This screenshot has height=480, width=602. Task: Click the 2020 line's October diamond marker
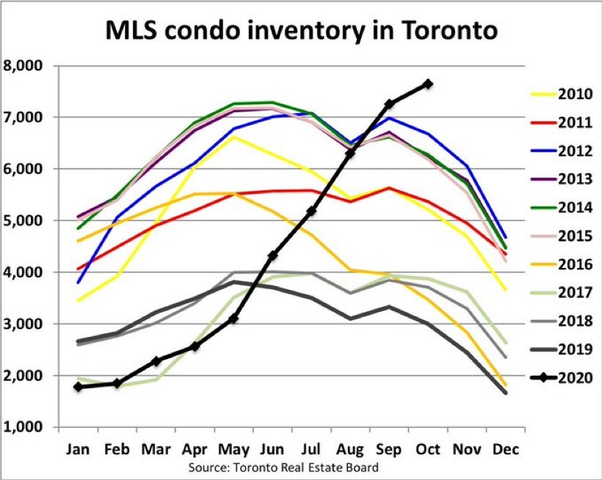pyautogui.click(x=428, y=84)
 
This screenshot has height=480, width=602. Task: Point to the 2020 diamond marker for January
pyautogui.click(x=77, y=387)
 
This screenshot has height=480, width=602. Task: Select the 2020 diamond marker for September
pyautogui.click(x=389, y=104)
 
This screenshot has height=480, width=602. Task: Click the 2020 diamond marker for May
pyautogui.click(x=233, y=319)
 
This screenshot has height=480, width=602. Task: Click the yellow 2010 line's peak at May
pyautogui.click(x=233, y=137)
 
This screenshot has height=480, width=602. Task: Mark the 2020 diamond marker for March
pyautogui.click(x=155, y=361)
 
